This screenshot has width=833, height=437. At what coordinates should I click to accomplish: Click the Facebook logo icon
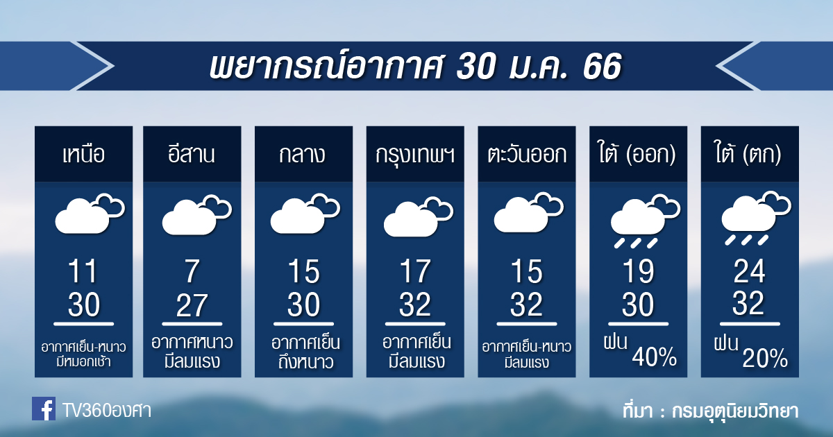tap(44, 409)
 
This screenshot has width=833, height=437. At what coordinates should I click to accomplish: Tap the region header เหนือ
tap(84, 154)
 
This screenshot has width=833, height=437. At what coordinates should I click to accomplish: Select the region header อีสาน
tap(192, 154)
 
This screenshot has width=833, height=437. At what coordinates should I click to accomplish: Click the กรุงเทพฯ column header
tap(415, 155)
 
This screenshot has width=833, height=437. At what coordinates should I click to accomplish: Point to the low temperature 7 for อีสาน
tap(192, 272)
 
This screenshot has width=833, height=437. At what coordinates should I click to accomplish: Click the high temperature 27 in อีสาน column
tap(192, 305)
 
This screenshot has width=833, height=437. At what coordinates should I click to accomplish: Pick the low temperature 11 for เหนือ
tap(83, 272)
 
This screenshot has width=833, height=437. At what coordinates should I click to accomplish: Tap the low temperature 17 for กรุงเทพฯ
tap(415, 272)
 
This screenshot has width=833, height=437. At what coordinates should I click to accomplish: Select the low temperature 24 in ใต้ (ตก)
tap(749, 271)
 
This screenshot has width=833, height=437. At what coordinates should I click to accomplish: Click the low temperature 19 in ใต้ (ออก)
tap(638, 272)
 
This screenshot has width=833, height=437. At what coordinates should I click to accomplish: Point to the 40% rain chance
tap(654, 357)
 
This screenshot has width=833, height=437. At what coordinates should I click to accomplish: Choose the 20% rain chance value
tap(765, 358)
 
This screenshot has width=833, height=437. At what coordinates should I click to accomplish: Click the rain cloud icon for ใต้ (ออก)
tap(645, 221)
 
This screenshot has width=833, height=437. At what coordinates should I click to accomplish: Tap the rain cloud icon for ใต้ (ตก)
tap(757, 218)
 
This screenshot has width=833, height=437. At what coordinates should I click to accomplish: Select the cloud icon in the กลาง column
tap(305, 214)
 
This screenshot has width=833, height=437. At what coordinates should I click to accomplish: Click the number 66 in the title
tap(602, 67)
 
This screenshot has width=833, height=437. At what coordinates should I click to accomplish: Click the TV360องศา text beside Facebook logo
tap(106, 411)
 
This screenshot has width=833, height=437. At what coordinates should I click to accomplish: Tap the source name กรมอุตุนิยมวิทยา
tap(735, 411)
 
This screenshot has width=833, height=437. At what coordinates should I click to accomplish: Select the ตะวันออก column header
tap(527, 154)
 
